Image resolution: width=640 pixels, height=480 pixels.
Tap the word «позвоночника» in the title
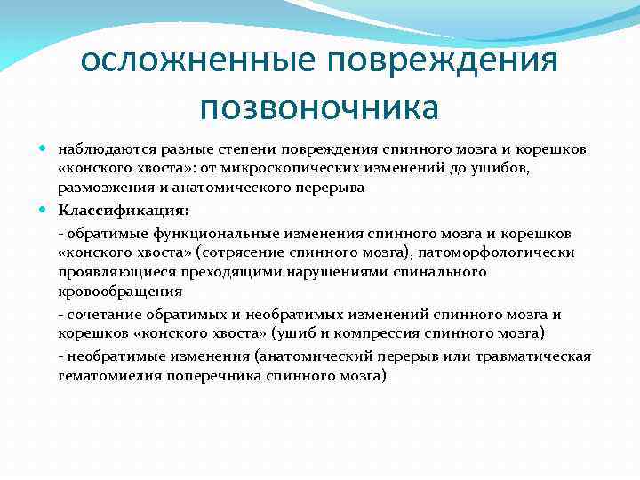coord(319,108)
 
